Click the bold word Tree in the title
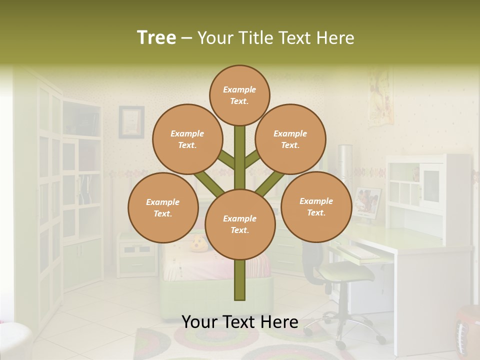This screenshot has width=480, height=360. [x=156, y=37]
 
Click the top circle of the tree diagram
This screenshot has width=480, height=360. [x=239, y=95]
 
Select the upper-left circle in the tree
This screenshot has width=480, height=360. [x=187, y=139]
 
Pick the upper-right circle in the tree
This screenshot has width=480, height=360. [x=290, y=139]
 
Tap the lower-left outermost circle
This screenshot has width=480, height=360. [x=163, y=207]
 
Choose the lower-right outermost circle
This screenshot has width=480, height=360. [x=316, y=206]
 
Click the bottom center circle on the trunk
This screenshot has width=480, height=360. [x=239, y=224]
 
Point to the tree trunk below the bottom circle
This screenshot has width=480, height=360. [x=239, y=280]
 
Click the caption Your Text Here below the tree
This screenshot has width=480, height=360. [x=239, y=322]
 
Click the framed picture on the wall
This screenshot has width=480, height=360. [x=131, y=121]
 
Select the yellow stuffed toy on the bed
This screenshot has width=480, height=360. [x=198, y=244]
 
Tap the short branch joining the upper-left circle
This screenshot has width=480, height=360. [x=226, y=160]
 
